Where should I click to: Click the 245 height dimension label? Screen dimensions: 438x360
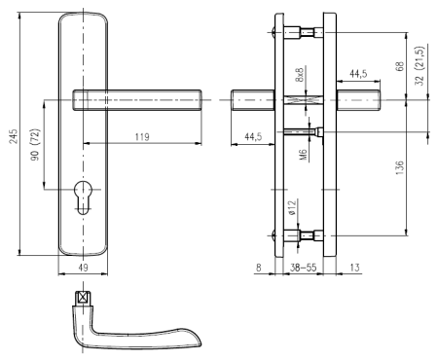[x=14, y=136]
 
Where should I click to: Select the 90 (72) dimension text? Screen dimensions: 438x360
[x=35, y=145]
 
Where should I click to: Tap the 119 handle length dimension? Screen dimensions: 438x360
[x=142, y=137]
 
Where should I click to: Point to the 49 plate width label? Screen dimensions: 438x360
[x=84, y=268]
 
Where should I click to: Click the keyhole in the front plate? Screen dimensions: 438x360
[x=84, y=198]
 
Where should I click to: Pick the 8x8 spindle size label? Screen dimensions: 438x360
[x=300, y=75]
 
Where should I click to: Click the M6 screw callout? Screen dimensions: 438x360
[x=303, y=155]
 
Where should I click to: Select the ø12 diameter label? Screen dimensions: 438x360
[x=292, y=208]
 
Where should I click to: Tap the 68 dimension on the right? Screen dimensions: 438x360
[x=400, y=66]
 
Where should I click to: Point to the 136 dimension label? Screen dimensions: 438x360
[x=400, y=167]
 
